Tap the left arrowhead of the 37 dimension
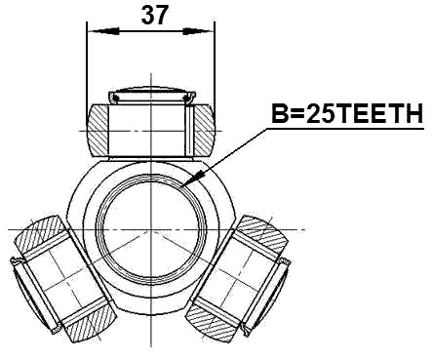coord(93,30)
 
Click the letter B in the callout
coord(279,114)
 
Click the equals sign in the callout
coord(296,114)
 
